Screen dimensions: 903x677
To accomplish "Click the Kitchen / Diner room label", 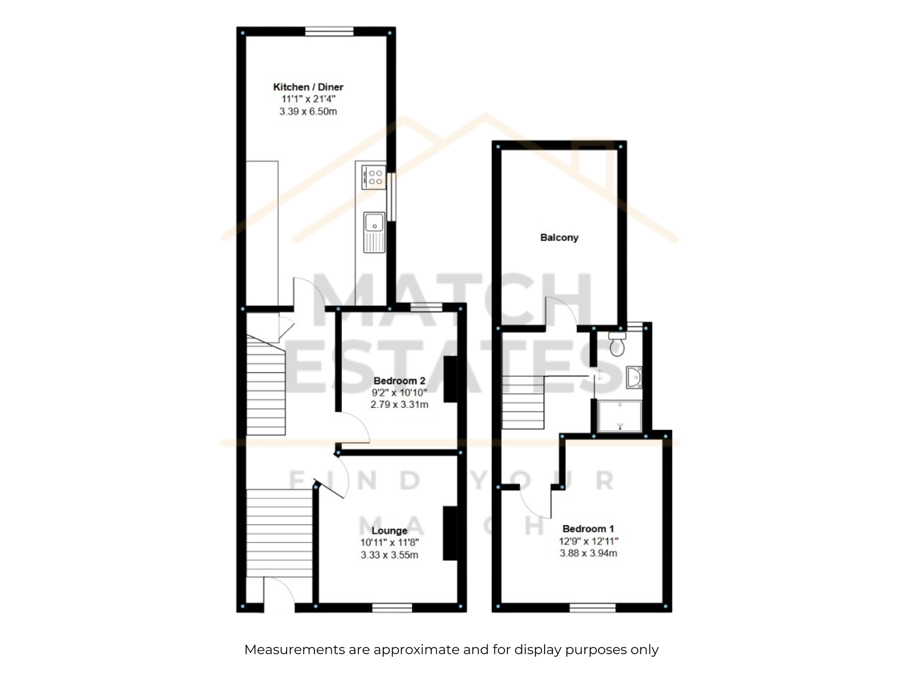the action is tap(308, 87).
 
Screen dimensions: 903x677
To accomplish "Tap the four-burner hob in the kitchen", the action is tap(373, 177).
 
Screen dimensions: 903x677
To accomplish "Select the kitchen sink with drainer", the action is tap(374, 232).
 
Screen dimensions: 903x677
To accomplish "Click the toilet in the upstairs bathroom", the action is tap(617, 344).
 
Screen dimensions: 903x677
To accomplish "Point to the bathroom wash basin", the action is tap(634, 377).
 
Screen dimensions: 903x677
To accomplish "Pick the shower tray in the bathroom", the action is tap(620, 416).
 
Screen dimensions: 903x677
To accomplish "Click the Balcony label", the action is tap(559, 238).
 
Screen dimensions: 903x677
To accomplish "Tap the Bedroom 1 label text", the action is tap(588, 529).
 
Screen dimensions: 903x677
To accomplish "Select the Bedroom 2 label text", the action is tap(399, 381).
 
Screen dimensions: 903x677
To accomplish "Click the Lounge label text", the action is tap(389, 531).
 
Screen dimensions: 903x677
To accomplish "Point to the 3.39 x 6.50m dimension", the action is tap(308, 111).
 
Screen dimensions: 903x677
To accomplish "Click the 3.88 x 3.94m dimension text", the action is tap(588, 553).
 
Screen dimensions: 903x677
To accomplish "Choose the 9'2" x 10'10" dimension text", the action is tap(399, 393).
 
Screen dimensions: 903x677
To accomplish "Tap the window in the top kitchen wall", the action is tap(329, 31).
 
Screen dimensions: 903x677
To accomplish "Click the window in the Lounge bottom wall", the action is tap(392, 608).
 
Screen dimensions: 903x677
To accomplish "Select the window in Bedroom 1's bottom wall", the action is tap(593, 608).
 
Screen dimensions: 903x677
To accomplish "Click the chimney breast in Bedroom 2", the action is tap(450, 379).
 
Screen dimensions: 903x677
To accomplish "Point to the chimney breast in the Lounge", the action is tap(450, 534).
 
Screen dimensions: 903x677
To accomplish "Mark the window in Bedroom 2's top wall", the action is tap(426, 307).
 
